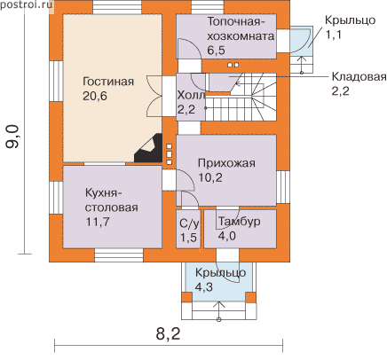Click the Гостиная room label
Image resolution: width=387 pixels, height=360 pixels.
108,82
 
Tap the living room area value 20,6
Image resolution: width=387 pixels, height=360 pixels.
95,96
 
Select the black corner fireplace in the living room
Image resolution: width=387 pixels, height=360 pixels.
148,148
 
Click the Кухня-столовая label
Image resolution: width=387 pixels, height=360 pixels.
112,200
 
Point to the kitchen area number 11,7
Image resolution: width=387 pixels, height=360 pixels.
98,222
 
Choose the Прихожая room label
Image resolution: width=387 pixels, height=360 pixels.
226,163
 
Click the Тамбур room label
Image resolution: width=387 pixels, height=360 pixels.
240,221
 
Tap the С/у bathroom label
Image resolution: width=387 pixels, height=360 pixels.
189,223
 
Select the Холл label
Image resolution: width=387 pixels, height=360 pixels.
191,96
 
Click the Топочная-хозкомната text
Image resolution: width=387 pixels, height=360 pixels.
241,29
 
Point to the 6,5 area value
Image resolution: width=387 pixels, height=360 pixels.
216,51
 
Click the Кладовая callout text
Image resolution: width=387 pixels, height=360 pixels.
359,77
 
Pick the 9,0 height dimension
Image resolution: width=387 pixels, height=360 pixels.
12,137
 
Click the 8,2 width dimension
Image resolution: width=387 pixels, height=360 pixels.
168,334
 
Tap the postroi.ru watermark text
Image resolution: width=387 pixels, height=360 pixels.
27,5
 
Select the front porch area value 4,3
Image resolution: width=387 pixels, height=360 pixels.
204,286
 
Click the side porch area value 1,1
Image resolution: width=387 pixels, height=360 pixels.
334,35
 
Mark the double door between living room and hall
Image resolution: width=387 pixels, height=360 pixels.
154,96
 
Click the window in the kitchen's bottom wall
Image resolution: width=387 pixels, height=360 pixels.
119,255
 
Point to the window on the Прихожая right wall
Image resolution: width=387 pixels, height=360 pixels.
283,187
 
